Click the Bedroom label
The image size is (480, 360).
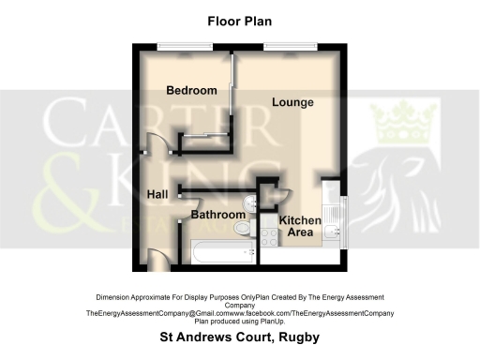coord(191,90)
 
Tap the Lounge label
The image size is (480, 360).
coord(292,101)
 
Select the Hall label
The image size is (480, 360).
coord(157,194)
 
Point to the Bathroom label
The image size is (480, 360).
coord(217,215)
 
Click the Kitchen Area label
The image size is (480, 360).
coord(300,226)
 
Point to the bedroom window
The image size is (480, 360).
coord(172,46)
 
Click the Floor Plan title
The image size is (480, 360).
coord(240,19)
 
